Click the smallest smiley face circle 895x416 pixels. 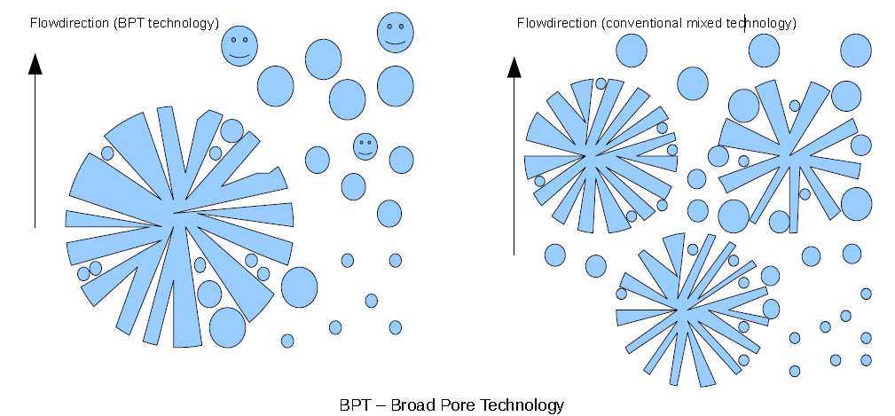(x=365, y=146)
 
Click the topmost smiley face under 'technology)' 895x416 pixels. (x=396, y=33)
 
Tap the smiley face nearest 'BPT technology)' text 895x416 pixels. (x=239, y=45)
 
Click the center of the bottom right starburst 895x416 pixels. (x=682, y=310)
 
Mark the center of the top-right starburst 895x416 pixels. (x=789, y=154)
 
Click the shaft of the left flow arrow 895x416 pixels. (x=35, y=151)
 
